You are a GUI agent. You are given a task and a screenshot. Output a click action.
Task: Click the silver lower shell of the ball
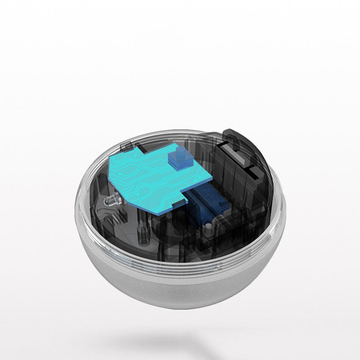(180, 288)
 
